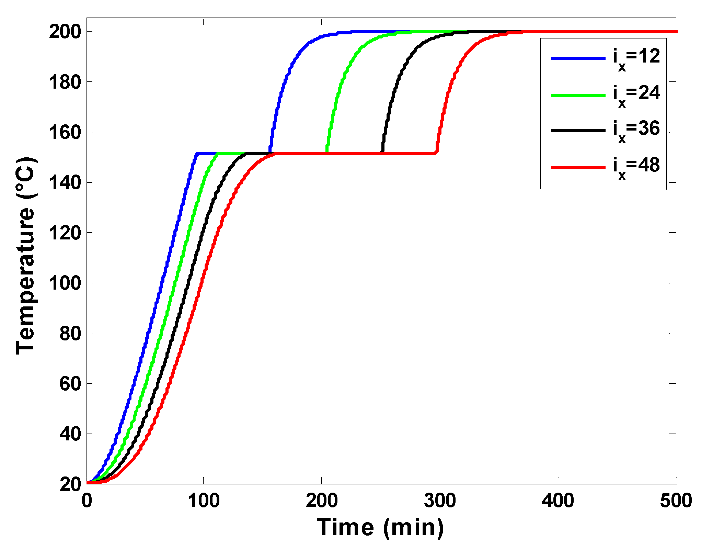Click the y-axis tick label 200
(x=65, y=32)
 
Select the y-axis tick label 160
(x=65, y=133)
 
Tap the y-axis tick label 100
(x=65, y=283)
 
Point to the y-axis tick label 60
(x=70, y=384)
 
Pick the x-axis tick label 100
(x=204, y=501)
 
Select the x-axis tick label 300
(x=440, y=501)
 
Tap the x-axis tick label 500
(x=676, y=501)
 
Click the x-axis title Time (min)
(x=380, y=527)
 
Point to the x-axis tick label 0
(x=87, y=501)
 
